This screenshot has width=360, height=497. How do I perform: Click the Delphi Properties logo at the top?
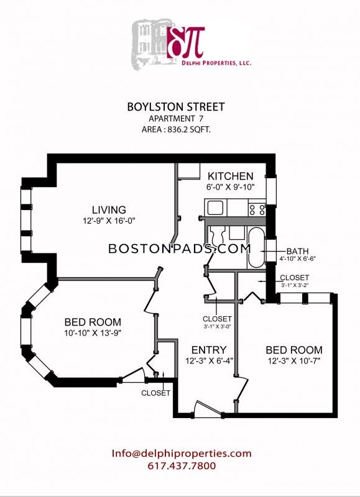[192, 43]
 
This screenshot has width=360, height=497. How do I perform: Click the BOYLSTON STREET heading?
[176, 107]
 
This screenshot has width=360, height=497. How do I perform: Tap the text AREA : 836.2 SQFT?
[176, 129]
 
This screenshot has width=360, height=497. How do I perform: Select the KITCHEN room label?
[231, 176]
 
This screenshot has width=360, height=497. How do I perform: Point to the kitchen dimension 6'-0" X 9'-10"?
[231, 187]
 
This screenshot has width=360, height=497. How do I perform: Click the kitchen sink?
[215, 208]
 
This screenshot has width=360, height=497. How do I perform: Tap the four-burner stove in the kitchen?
[257, 209]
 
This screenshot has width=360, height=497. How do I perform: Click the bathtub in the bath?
[256, 248]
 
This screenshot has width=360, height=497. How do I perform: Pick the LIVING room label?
[109, 210]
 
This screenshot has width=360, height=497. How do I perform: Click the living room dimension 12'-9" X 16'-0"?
[109, 221]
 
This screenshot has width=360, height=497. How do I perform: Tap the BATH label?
[298, 252]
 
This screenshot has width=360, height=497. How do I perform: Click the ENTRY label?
[209, 350]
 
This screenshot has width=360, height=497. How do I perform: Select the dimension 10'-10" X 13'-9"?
[93, 333]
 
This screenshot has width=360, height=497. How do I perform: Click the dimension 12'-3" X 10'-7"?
[294, 361]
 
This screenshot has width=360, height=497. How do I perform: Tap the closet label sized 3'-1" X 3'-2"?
[295, 281]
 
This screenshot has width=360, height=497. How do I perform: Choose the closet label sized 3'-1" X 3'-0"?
[217, 322]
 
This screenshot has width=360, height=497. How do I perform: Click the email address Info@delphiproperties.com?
[182, 454]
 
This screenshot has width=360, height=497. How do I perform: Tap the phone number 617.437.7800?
[182, 466]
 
